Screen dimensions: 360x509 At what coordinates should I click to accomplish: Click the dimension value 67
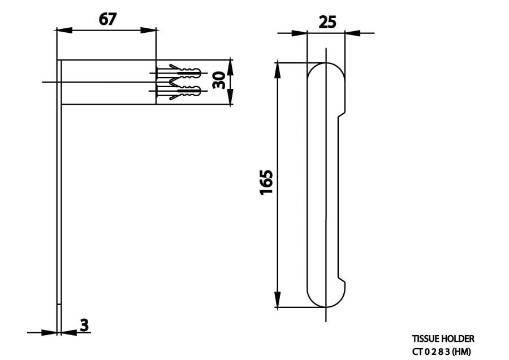107,19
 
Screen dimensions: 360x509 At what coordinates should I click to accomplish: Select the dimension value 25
327,22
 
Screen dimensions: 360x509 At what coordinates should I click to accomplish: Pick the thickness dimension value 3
84,325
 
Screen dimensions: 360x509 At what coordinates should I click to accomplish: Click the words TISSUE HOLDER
442,338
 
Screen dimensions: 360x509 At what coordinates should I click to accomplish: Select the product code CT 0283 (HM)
441,350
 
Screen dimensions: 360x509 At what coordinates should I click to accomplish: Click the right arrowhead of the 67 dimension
149,29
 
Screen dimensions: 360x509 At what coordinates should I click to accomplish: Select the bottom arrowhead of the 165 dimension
277,299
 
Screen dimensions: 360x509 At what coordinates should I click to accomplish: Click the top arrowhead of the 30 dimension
230,65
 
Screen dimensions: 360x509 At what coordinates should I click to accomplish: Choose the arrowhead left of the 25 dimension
299,33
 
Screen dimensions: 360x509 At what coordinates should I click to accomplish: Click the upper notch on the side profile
341,115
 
